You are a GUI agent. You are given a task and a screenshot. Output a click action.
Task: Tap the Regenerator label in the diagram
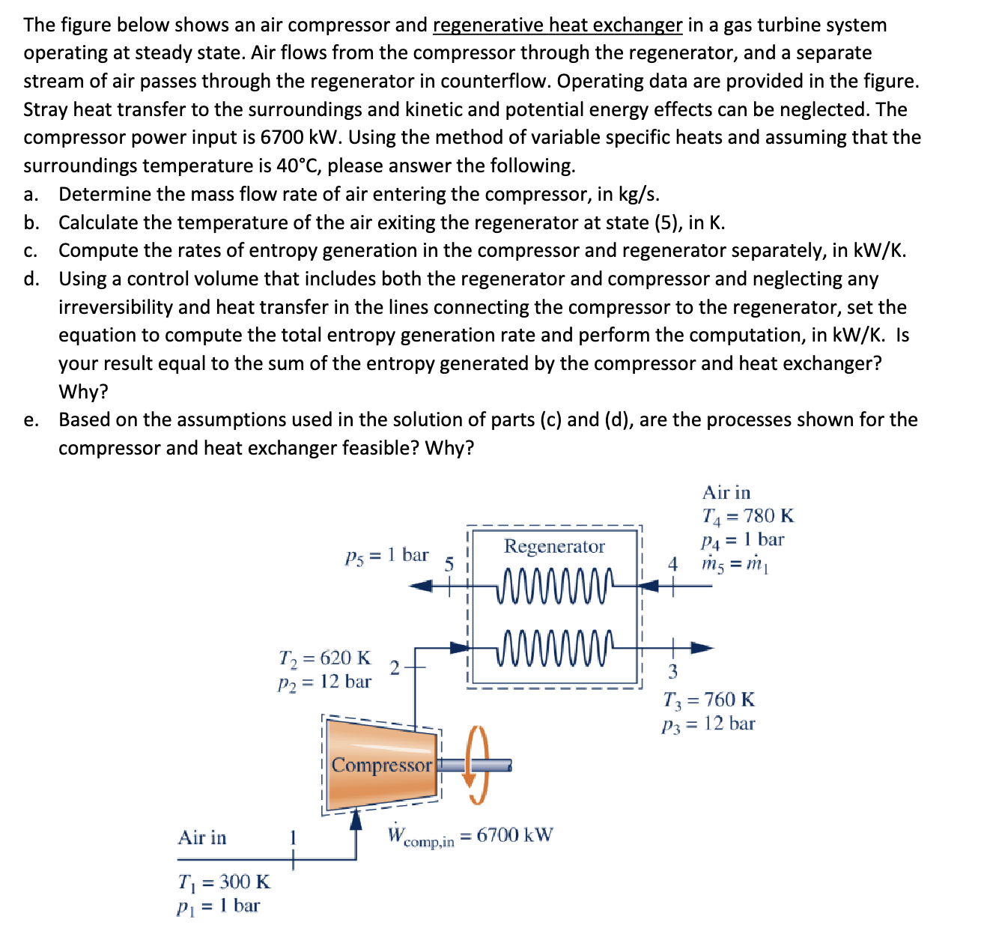[554, 546]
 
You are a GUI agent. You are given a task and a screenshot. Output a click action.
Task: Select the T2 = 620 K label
[324, 658]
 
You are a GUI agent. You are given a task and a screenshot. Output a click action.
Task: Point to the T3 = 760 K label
[709, 700]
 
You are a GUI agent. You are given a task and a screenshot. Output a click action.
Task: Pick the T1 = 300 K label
[224, 882]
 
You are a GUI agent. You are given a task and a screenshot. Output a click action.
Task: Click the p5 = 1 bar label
[386, 556]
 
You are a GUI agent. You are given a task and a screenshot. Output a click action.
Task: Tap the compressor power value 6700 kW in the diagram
[514, 834]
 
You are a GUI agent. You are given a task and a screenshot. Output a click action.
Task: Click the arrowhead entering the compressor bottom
[357, 819]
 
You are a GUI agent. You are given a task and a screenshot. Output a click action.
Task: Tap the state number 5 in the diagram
[449, 564]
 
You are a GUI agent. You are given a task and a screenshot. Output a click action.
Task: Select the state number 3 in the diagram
[672, 670]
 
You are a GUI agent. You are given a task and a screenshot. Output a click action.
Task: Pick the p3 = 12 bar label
[708, 724]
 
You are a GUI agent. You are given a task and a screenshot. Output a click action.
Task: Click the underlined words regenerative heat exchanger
[557, 25]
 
